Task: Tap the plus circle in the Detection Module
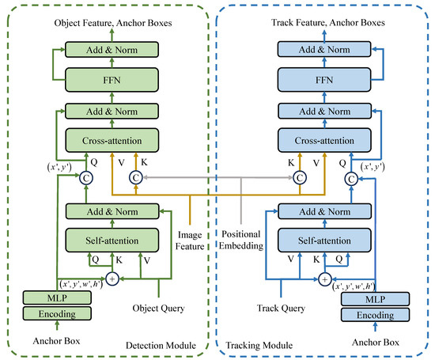tap(112, 278)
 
